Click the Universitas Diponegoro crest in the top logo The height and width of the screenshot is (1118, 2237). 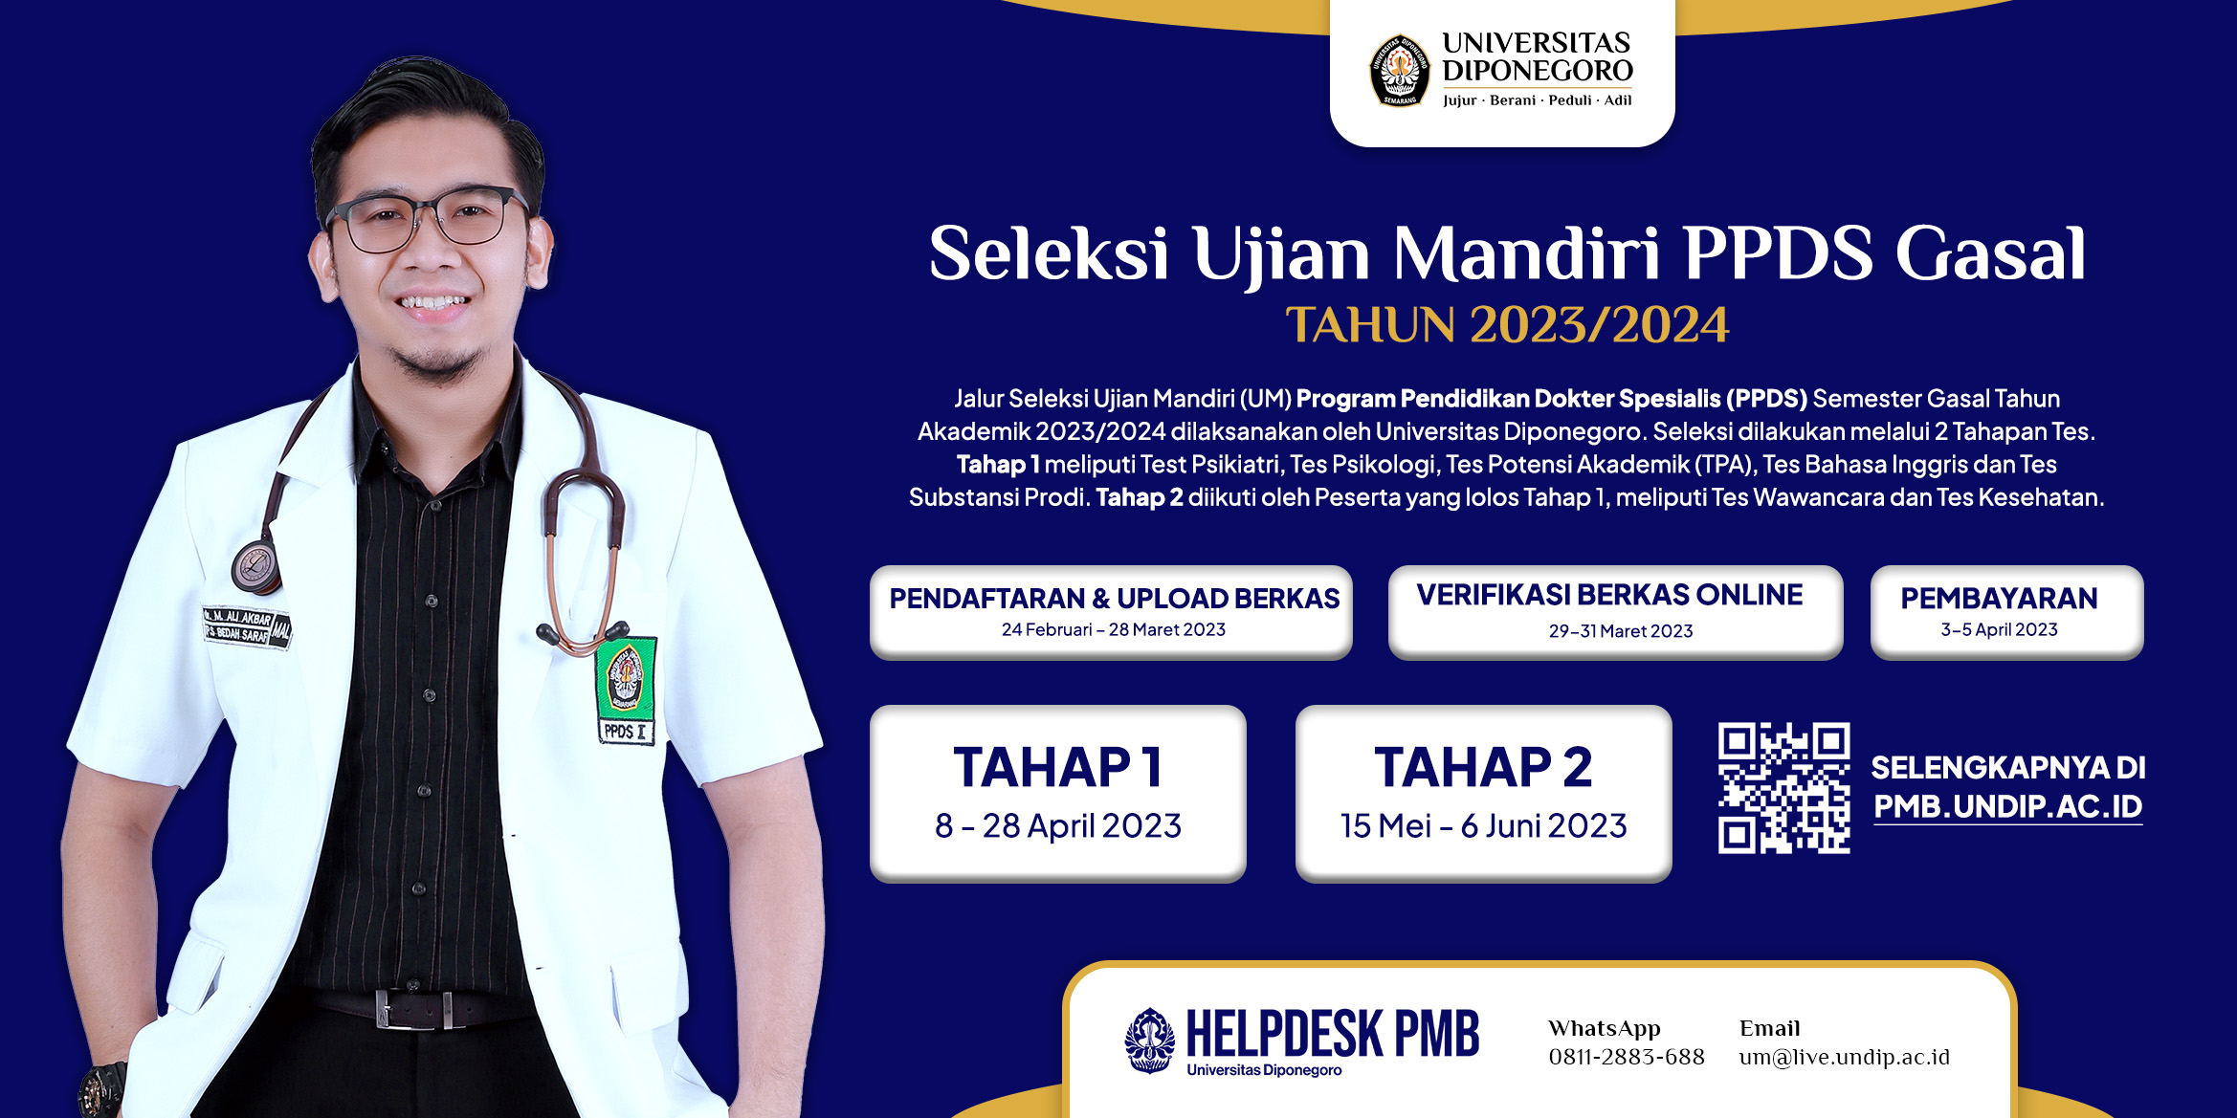point(1400,70)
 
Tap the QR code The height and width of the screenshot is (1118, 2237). point(1783,787)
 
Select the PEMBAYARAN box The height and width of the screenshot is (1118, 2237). point(2006,612)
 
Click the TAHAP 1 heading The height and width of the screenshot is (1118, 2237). point(1058,767)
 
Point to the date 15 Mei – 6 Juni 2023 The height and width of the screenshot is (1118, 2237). point(1483,825)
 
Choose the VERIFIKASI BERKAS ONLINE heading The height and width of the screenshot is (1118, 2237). point(1609,595)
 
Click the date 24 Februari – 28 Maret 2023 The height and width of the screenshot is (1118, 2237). point(1113,629)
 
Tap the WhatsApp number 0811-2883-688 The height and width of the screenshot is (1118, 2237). point(1627,1057)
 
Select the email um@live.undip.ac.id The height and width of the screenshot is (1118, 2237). point(1844,1057)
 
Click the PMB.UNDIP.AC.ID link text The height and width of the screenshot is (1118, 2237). point(2007,806)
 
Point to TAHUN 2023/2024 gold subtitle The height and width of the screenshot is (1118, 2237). point(1507,325)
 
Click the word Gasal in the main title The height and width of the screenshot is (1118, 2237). point(1990,254)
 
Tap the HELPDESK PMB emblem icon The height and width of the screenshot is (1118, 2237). point(1150,1040)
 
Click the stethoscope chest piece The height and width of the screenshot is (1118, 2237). point(255,566)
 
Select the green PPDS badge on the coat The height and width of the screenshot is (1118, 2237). point(627,689)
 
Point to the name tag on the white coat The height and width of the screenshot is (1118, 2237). point(247,626)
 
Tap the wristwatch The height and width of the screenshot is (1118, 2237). point(101,1089)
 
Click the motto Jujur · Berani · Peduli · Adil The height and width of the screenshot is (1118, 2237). point(1537,99)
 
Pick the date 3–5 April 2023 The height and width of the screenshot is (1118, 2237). point(1999,629)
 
